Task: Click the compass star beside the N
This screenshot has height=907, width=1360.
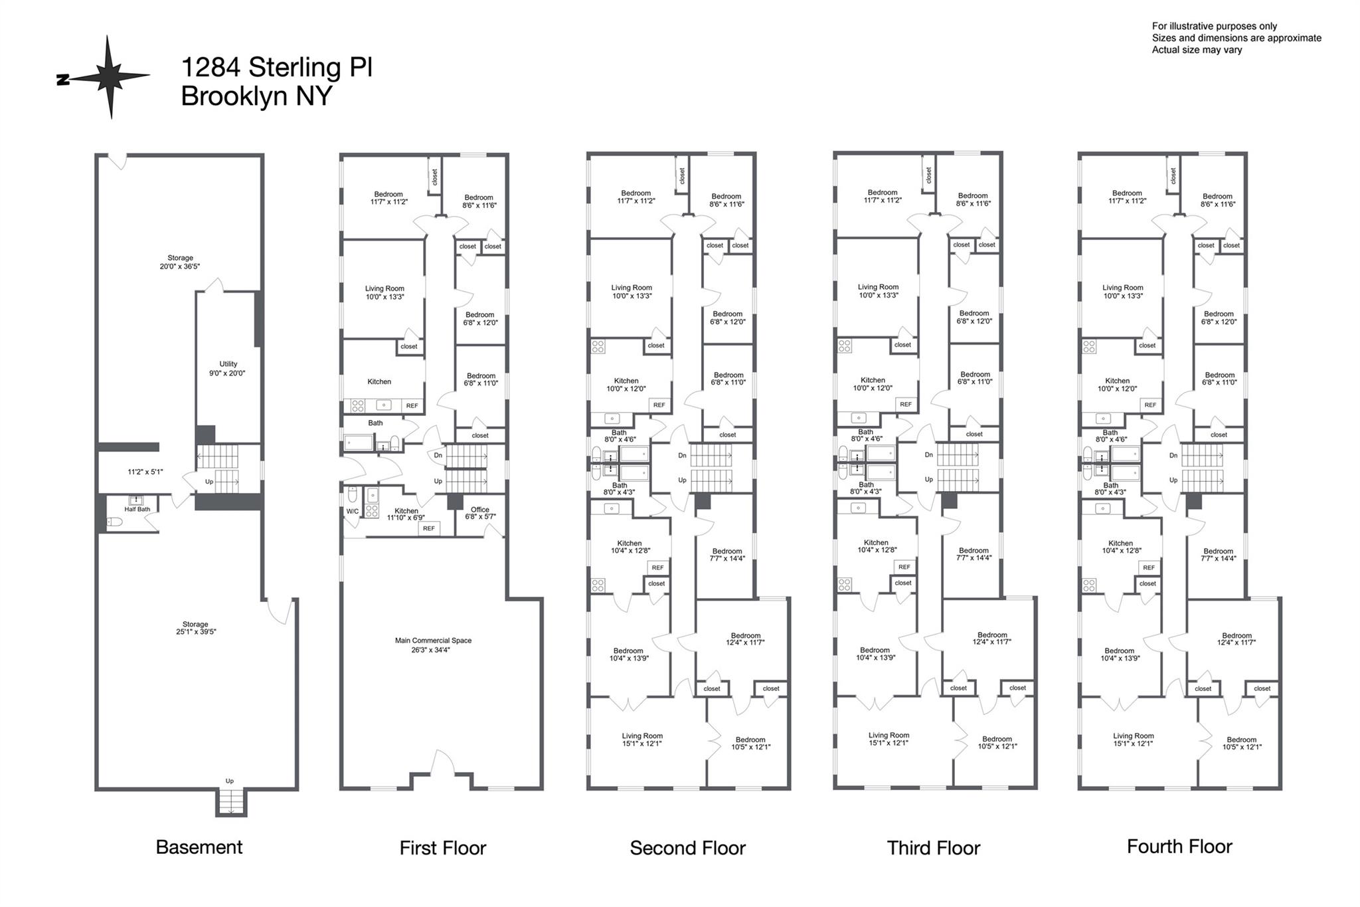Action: [x=110, y=77]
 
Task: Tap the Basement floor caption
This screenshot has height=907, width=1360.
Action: [x=199, y=847]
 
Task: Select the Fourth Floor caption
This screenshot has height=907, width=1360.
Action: [x=1179, y=847]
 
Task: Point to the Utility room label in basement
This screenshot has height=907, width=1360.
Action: [x=228, y=369]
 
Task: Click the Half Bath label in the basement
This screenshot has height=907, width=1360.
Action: [x=137, y=509]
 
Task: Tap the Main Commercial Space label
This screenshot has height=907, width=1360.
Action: [x=433, y=645]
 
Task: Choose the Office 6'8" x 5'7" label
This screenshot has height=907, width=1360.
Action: [x=479, y=513]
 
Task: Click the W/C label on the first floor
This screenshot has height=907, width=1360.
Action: [x=352, y=512]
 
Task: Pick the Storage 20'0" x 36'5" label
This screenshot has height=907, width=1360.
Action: [x=180, y=262]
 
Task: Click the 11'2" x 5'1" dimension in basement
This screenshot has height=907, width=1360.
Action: [x=145, y=472]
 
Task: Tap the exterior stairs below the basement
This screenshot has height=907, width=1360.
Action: [x=230, y=802]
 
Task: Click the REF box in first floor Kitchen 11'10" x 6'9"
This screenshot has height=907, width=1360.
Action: [x=428, y=528]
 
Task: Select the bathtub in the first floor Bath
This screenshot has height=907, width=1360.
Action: [x=359, y=442]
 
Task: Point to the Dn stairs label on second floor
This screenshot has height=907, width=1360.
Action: [x=682, y=456]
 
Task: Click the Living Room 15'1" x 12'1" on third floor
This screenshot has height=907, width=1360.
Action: [x=889, y=739]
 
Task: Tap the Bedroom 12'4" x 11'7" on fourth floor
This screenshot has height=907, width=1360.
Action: [x=1236, y=639]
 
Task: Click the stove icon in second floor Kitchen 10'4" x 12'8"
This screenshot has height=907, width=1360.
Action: [x=598, y=585]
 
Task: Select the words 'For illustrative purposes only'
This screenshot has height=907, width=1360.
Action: [x=1215, y=27]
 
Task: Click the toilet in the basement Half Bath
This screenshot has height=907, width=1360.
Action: [x=115, y=523]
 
